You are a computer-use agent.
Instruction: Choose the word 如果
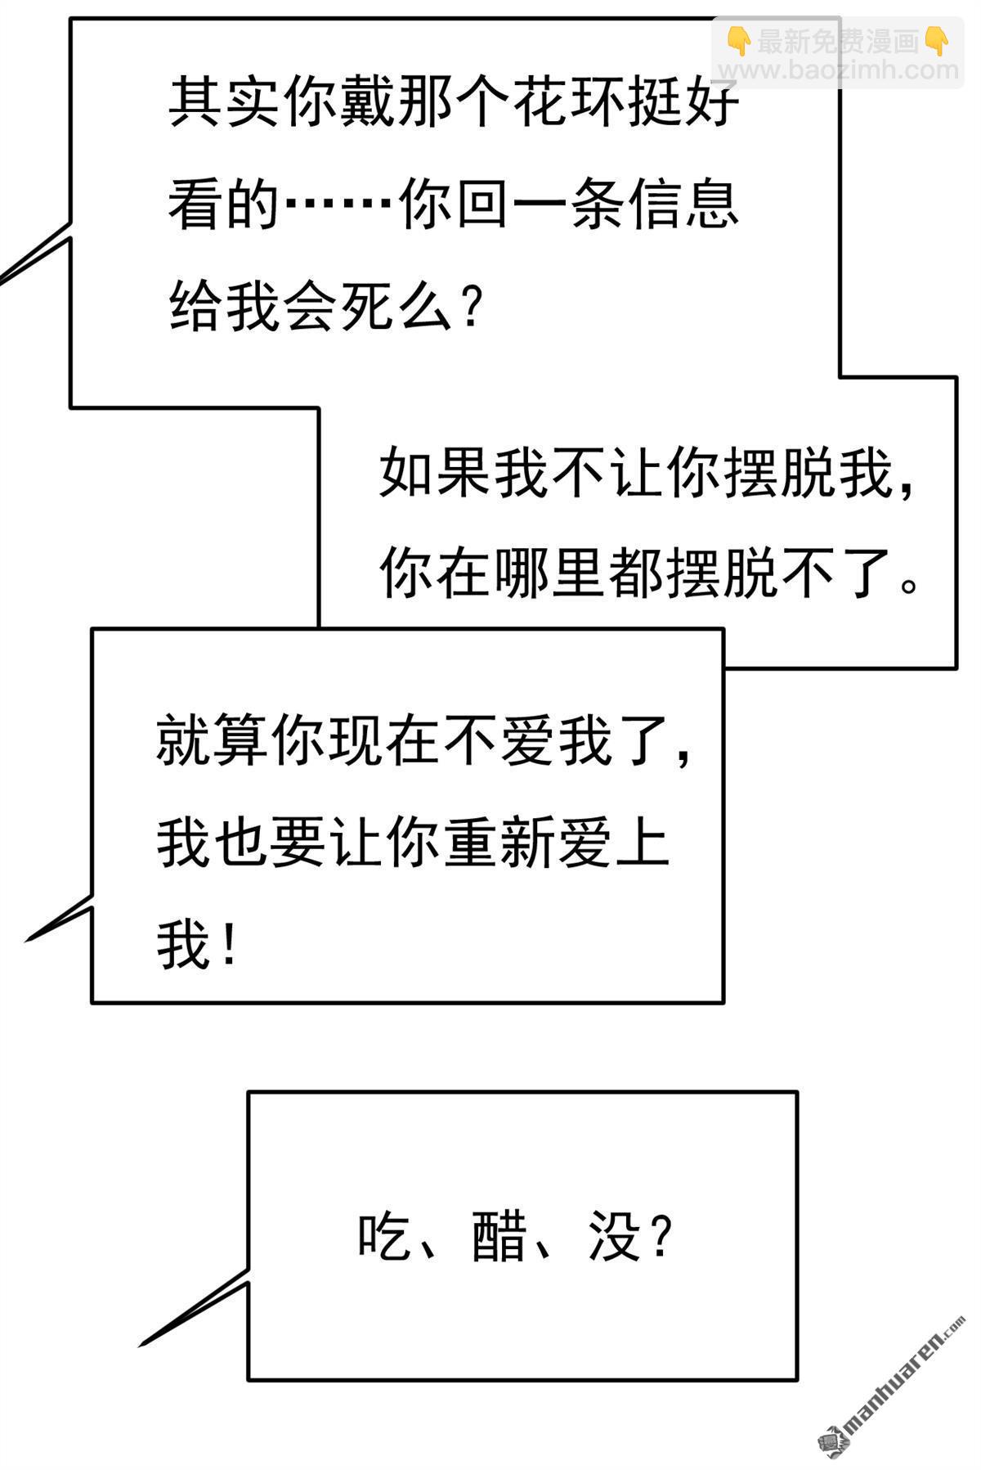(436, 474)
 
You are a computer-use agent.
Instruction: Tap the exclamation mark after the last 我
(229, 944)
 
